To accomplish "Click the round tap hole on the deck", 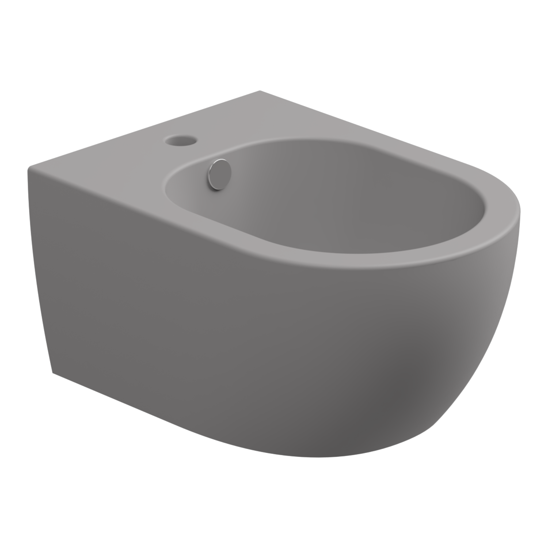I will [180, 140].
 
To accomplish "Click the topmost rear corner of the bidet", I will [259, 91].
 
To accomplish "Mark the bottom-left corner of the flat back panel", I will [52, 372].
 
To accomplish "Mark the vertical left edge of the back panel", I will [40, 269].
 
